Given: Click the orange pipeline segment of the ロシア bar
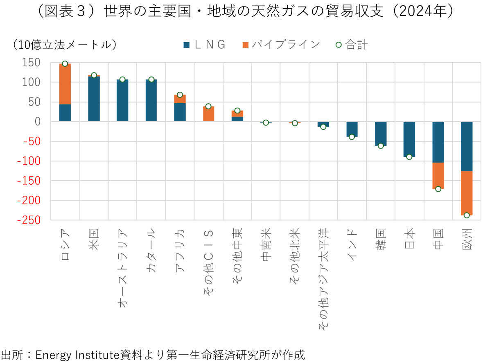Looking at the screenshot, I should click(x=65, y=84).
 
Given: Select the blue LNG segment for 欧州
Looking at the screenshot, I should click(x=467, y=146).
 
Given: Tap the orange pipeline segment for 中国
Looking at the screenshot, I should click(x=438, y=176).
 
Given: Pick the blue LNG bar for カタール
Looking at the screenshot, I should click(x=151, y=100).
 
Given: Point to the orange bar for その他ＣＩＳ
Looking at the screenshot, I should click(x=208, y=113).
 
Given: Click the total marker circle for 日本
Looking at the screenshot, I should click(x=409, y=157).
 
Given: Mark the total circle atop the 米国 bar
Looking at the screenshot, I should click(x=94, y=75).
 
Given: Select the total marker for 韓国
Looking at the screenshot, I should click(x=381, y=146).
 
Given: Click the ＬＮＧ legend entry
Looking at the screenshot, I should click(x=205, y=45).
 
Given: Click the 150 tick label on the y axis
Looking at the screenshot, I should click(x=32, y=63).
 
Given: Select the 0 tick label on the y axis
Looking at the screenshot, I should click(x=37, y=122).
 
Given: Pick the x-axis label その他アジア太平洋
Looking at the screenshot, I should click(x=323, y=279).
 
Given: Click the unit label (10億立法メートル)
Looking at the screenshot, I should click(x=65, y=45).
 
